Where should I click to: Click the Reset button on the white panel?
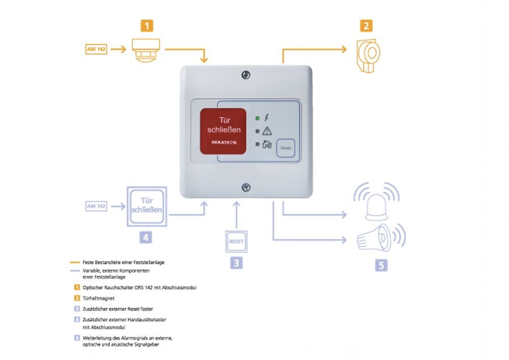point(286,148)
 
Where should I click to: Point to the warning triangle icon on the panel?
point(267,131)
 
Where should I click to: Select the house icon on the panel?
point(267,144)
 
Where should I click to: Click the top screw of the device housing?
point(246,75)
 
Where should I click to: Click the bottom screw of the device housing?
point(246,187)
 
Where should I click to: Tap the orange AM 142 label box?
point(96,49)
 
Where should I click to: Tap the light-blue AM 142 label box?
point(96,206)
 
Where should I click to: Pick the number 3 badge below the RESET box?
point(236,263)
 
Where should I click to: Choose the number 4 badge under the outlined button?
point(146,237)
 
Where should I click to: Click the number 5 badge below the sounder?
point(381,265)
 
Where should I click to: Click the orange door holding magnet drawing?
point(367,54)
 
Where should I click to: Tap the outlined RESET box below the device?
point(236,241)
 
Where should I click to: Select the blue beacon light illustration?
point(377,204)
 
